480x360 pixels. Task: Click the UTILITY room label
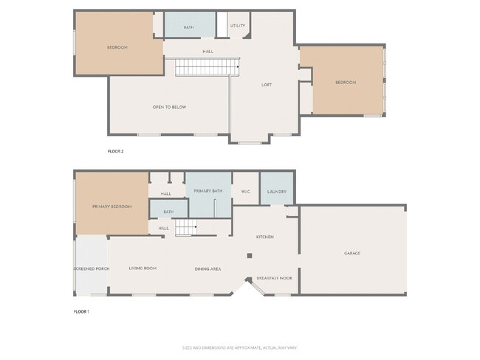click(238, 26)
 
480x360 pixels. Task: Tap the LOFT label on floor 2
click(267, 85)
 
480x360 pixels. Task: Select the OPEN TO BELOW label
click(169, 107)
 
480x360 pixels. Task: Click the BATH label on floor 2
click(189, 27)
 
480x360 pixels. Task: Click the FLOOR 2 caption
click(116, 150)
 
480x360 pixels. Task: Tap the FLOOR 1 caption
click(81, 312)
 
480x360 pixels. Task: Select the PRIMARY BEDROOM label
click(112, 207)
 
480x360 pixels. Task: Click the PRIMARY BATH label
click(208, 191)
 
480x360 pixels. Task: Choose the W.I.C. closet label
click(246, 191)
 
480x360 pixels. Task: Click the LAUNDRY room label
click(277, 191)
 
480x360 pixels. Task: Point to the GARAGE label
click(352, 253)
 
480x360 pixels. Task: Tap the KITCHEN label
click(265, 237)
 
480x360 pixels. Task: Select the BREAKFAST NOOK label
click(274, 279)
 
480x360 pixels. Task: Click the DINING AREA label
click(208, 269)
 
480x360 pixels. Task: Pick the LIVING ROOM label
click(143, 269)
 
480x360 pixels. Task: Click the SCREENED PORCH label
click(92, 269)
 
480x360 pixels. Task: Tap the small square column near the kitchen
click(250, 256)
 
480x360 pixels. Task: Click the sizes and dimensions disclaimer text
click(239, 347)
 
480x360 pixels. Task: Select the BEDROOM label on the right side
click(346, 83)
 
